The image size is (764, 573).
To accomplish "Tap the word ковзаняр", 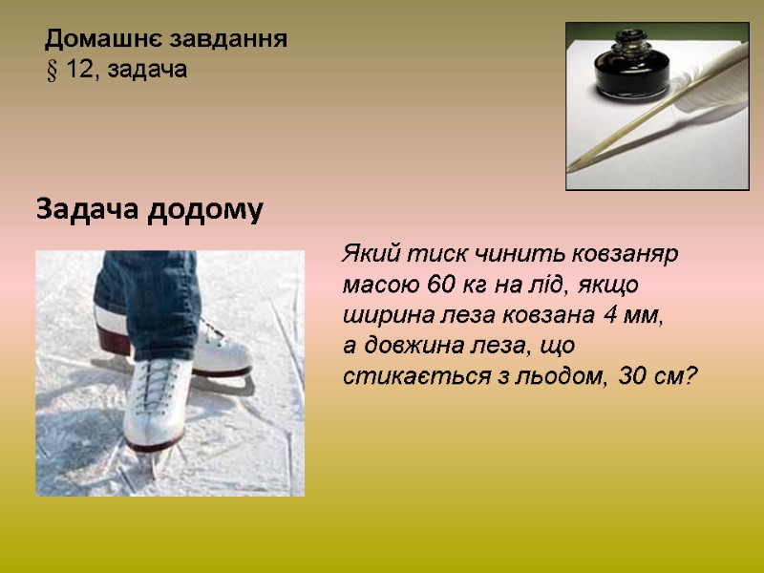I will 625,256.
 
